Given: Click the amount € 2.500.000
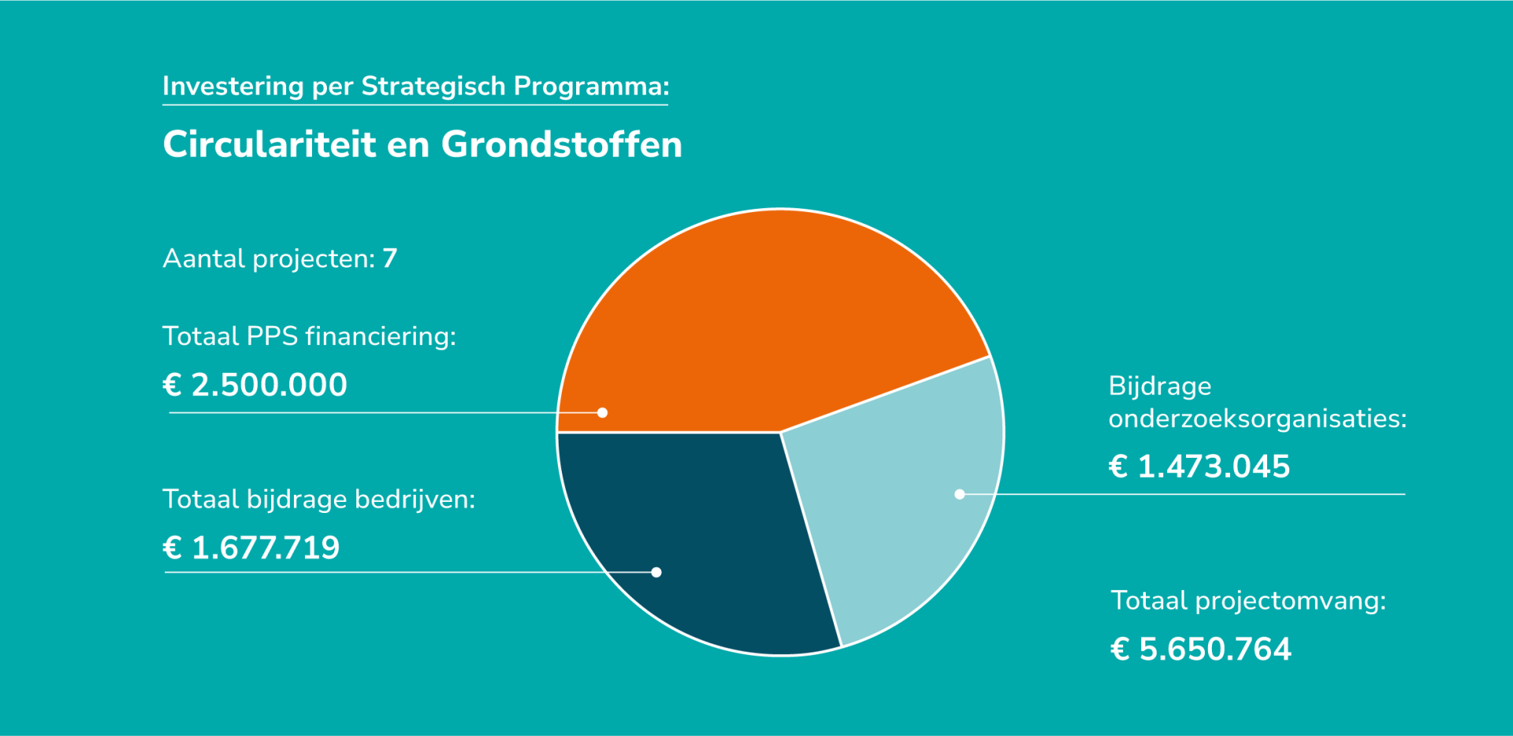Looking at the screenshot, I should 255,385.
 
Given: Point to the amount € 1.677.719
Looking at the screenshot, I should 251,548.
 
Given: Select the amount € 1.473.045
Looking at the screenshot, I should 1199,467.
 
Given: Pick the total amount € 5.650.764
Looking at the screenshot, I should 1200,649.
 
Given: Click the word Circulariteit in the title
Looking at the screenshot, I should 269,145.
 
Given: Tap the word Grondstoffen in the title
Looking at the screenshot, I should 561,145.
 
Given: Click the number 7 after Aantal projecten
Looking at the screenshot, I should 389,258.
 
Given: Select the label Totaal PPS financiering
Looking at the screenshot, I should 309,336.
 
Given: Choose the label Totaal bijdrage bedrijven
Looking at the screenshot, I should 318,500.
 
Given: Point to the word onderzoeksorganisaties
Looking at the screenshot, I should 1257,418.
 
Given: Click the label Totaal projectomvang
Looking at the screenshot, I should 1247,601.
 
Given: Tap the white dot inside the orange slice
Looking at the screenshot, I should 602,413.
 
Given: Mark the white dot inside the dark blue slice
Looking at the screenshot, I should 656,572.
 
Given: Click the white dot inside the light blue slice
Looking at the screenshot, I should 959,494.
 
